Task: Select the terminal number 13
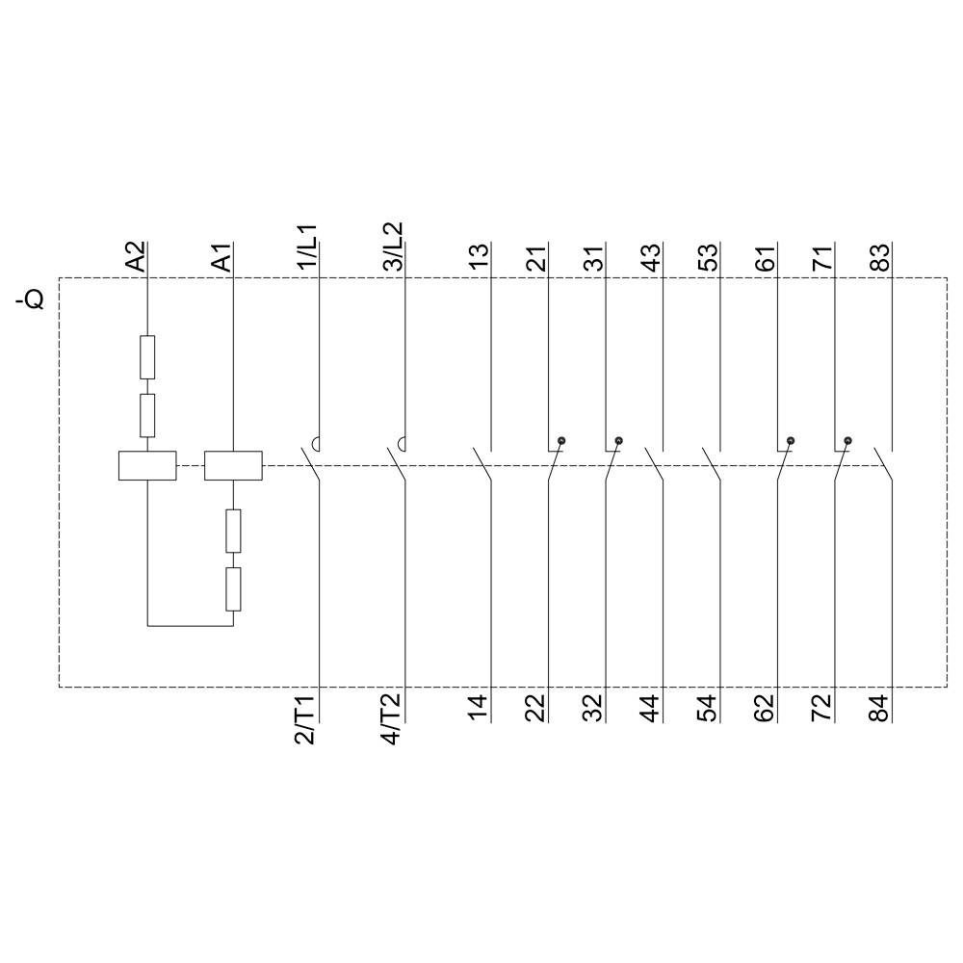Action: tap(480, 257)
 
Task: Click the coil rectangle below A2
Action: tap(147, 466)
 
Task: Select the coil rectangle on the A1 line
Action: tap(234, 466)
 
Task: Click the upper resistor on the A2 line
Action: tap(147, 357)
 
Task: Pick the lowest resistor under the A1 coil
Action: tap(233, 589)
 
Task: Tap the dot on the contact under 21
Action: tap(561, 441)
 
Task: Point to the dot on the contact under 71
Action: tap(847, 441)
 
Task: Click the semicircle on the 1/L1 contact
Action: tap(315, 444)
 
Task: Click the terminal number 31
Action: tap(594, 257)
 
